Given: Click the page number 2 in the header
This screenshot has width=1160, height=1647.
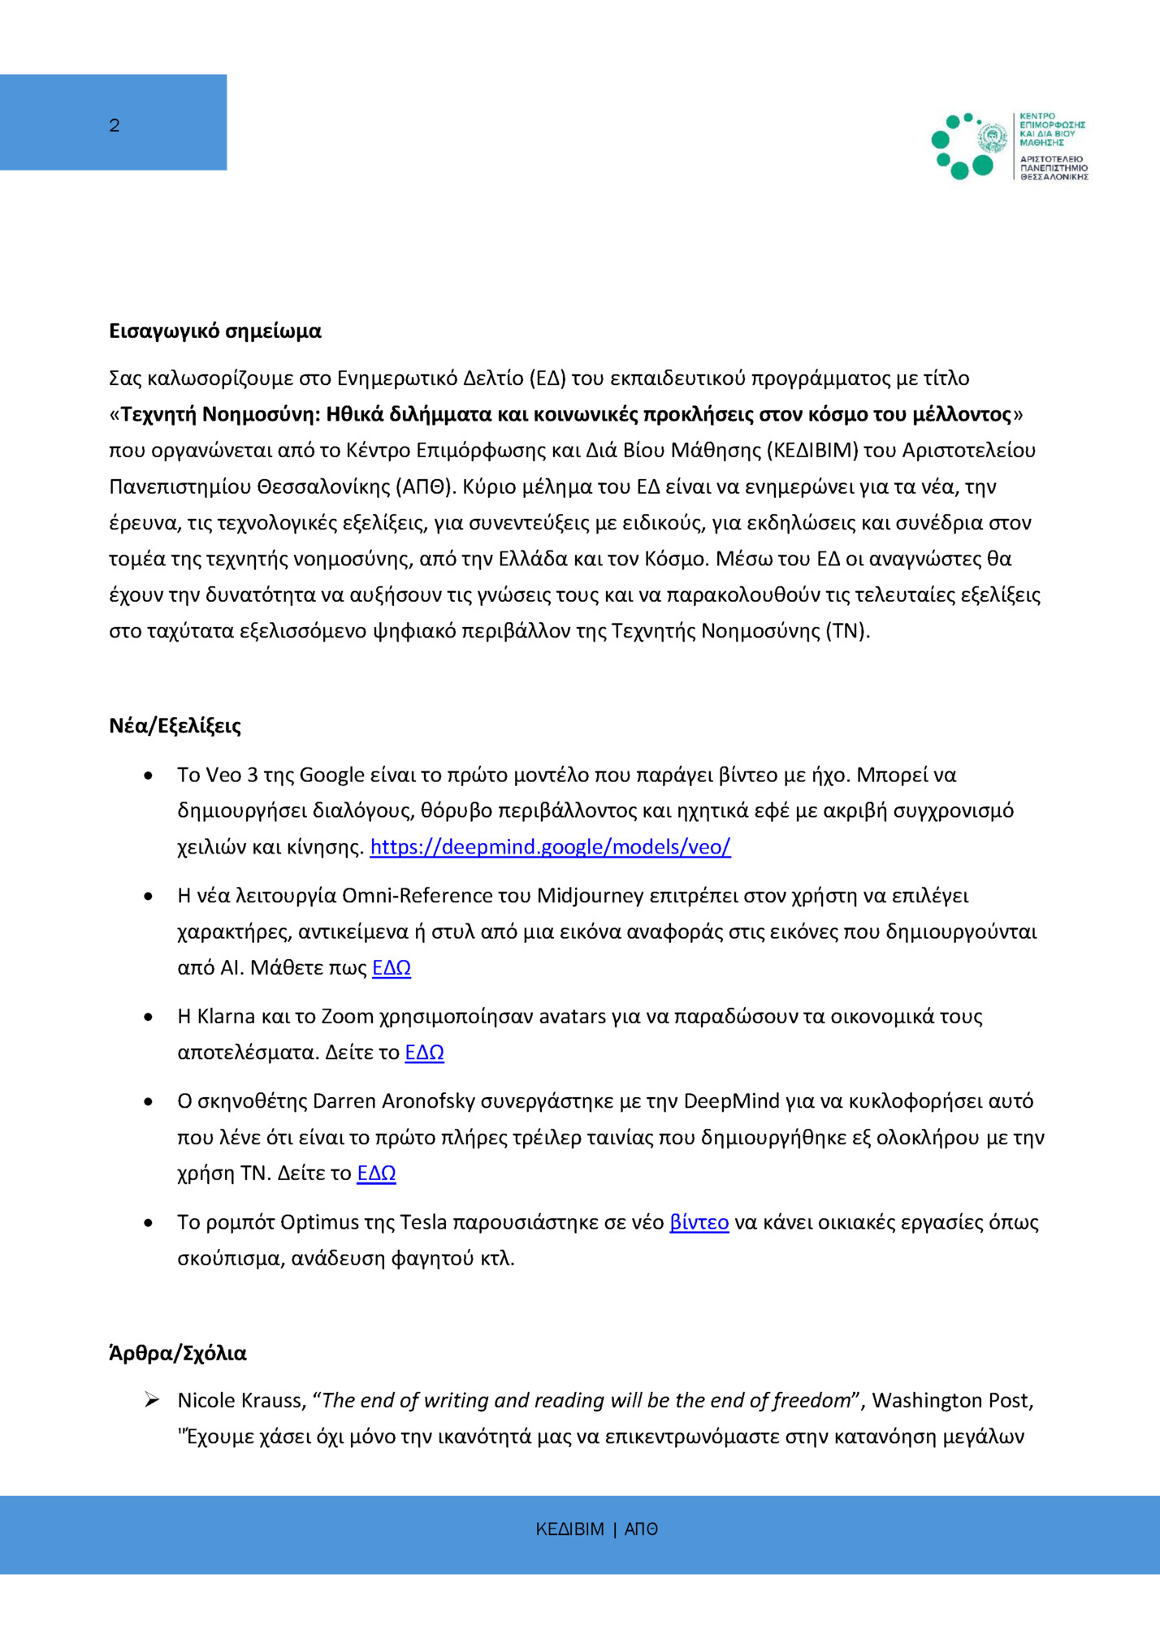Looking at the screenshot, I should (115, 125).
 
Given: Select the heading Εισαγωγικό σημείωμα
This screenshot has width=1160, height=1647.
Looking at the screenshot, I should (215, 331).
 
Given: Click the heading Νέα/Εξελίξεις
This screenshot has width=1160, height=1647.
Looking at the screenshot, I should (175, 725).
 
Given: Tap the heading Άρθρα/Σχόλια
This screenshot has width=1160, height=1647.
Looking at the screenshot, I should (178, 1353).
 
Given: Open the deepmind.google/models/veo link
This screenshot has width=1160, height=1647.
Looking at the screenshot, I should (550, 847).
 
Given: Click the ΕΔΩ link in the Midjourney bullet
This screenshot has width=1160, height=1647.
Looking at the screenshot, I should (392, 968).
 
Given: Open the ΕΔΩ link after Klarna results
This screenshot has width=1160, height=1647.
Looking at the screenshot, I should (424, 1053).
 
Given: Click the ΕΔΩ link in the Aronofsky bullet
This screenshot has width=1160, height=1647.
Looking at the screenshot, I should (376, 1174).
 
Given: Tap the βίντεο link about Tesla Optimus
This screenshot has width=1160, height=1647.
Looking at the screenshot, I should (699, 1222).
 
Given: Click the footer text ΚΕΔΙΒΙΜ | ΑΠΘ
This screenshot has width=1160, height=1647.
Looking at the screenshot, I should (596, 1529).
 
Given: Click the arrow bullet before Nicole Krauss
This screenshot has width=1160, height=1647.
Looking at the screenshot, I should (152, 1400).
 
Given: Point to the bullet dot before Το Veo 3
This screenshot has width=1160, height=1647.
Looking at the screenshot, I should (148, 776).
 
